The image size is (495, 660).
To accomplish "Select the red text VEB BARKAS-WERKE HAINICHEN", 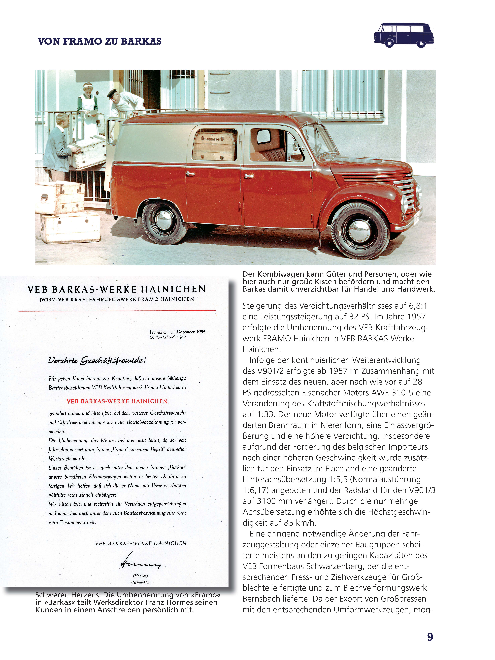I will coord(117,401).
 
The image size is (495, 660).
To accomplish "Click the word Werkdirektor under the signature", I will coord(140,582).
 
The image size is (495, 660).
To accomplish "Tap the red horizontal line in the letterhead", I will coord(117,311).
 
